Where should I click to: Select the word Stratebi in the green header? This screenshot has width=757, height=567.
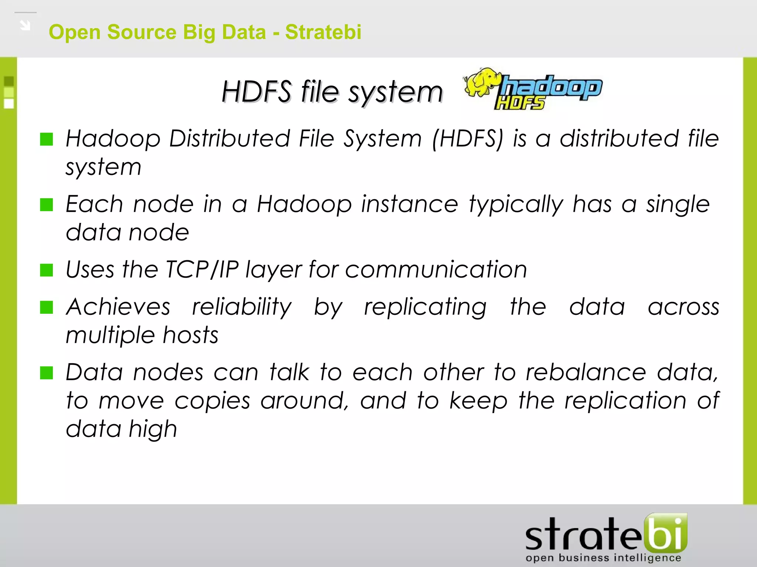323,32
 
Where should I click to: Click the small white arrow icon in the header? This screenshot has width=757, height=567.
25,25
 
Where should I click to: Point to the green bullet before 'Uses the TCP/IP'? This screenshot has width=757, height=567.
47,270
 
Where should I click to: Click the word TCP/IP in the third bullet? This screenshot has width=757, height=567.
202,269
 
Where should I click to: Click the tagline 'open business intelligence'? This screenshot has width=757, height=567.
603,558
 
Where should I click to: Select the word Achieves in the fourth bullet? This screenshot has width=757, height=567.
118,307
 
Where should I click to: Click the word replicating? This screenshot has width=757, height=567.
425,307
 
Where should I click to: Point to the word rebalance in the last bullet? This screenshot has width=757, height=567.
586,372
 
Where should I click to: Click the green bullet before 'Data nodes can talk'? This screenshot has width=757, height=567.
47,373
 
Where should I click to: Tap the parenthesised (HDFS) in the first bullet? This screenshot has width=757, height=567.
468,139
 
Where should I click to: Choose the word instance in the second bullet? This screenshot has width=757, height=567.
410,204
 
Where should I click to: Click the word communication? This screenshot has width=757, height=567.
436,269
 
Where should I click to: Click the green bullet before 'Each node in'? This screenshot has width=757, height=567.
47,205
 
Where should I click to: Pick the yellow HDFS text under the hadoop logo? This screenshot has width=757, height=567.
520,103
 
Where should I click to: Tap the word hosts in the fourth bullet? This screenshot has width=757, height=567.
190,335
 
